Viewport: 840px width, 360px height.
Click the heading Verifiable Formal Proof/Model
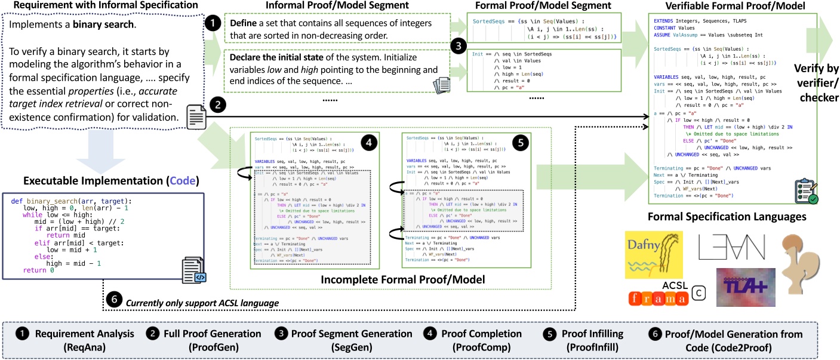(x=724, y=6)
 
